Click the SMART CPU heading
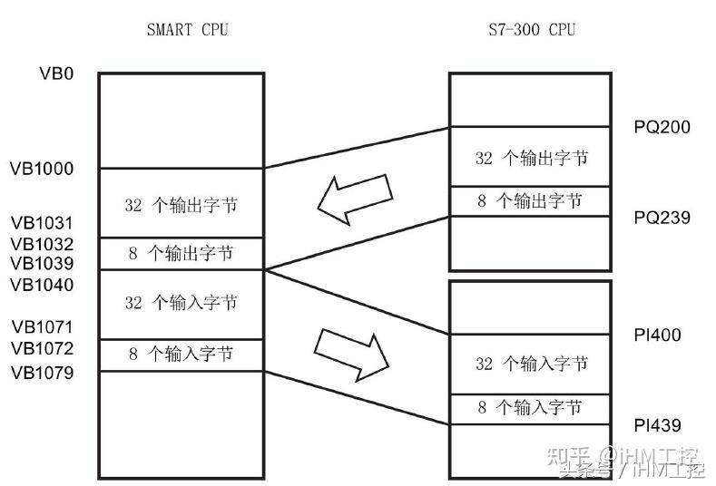coord(187,30)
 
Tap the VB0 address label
coord(55,73)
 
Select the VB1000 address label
coord(42,169)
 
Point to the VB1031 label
coord(42,223)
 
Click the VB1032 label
coord(42,244)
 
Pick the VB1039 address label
coord(42,264)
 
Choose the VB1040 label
coord(42,286)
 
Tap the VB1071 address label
coord(42,327)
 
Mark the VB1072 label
coord(42,349)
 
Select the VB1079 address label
coord(42,373)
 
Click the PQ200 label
coord(662,127)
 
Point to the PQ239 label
coord(662,218)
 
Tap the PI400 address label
coord(657,335)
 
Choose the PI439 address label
coord(657,425)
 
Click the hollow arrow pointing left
coord(356,199)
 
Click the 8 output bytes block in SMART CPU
coord(181,253)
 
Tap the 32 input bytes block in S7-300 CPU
coord(531,364)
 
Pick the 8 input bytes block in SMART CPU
coord(181,354)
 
